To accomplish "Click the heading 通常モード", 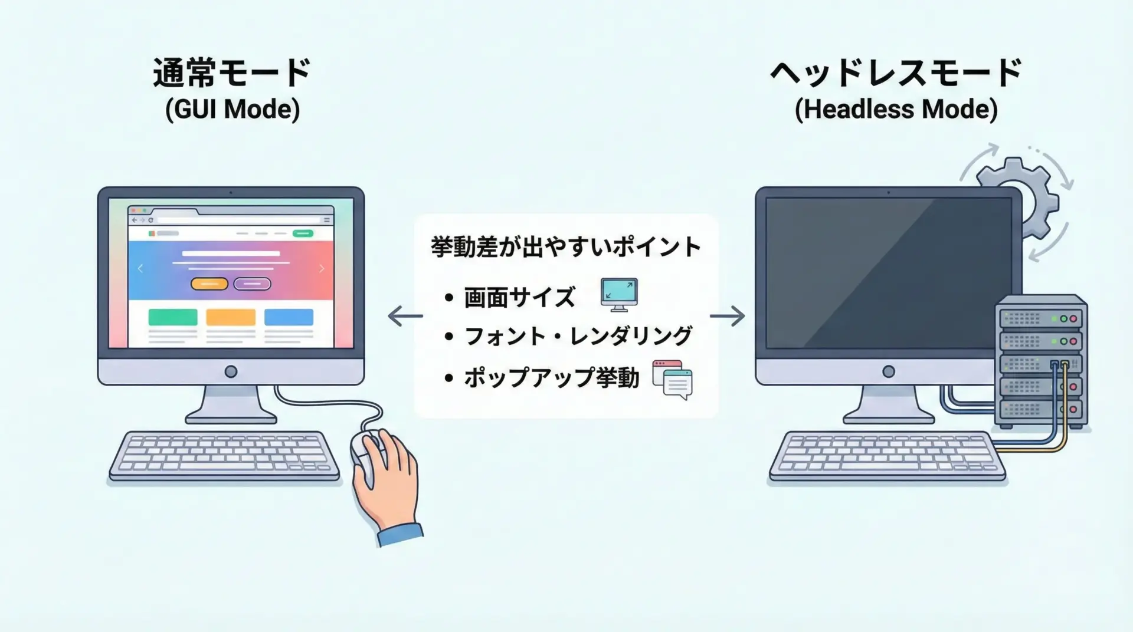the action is [x=231, y=73].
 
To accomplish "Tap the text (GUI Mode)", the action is [x=233, y=110].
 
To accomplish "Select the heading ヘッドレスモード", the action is [x=896, y=73].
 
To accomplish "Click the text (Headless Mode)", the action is [x=896, y=110].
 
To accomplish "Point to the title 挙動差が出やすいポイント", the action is [x=566, y=246].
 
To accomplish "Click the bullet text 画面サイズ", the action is [x=519, y=298].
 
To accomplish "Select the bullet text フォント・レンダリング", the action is [x=578, y=336].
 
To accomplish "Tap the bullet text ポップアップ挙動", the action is [x=552, y=377].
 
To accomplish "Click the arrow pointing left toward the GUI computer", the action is [x=405, y=316].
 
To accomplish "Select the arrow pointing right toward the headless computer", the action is [x=727, y=316].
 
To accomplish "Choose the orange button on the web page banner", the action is [x=209, y=284].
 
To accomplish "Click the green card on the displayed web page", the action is [x=173, y=317].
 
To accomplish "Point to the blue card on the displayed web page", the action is [x=289, y=317].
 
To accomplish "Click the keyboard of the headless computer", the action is [x=888, y=456].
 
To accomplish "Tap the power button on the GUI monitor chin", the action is [x=231, y=371].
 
